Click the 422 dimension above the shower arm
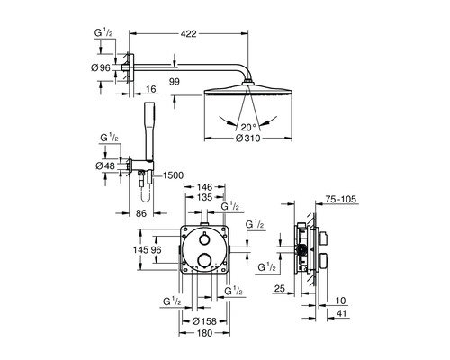click(189, 34)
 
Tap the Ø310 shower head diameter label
click(248, 139)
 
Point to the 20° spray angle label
click(247, 127)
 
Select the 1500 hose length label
click(173, 175)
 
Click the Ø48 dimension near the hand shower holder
click(105, 166)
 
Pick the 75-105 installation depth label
click(341, 199)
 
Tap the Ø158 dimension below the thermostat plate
click(204, 321)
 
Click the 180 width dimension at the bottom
click(205, 333)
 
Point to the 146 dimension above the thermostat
click(204, 187)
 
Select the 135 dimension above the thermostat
click(204, 197)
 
